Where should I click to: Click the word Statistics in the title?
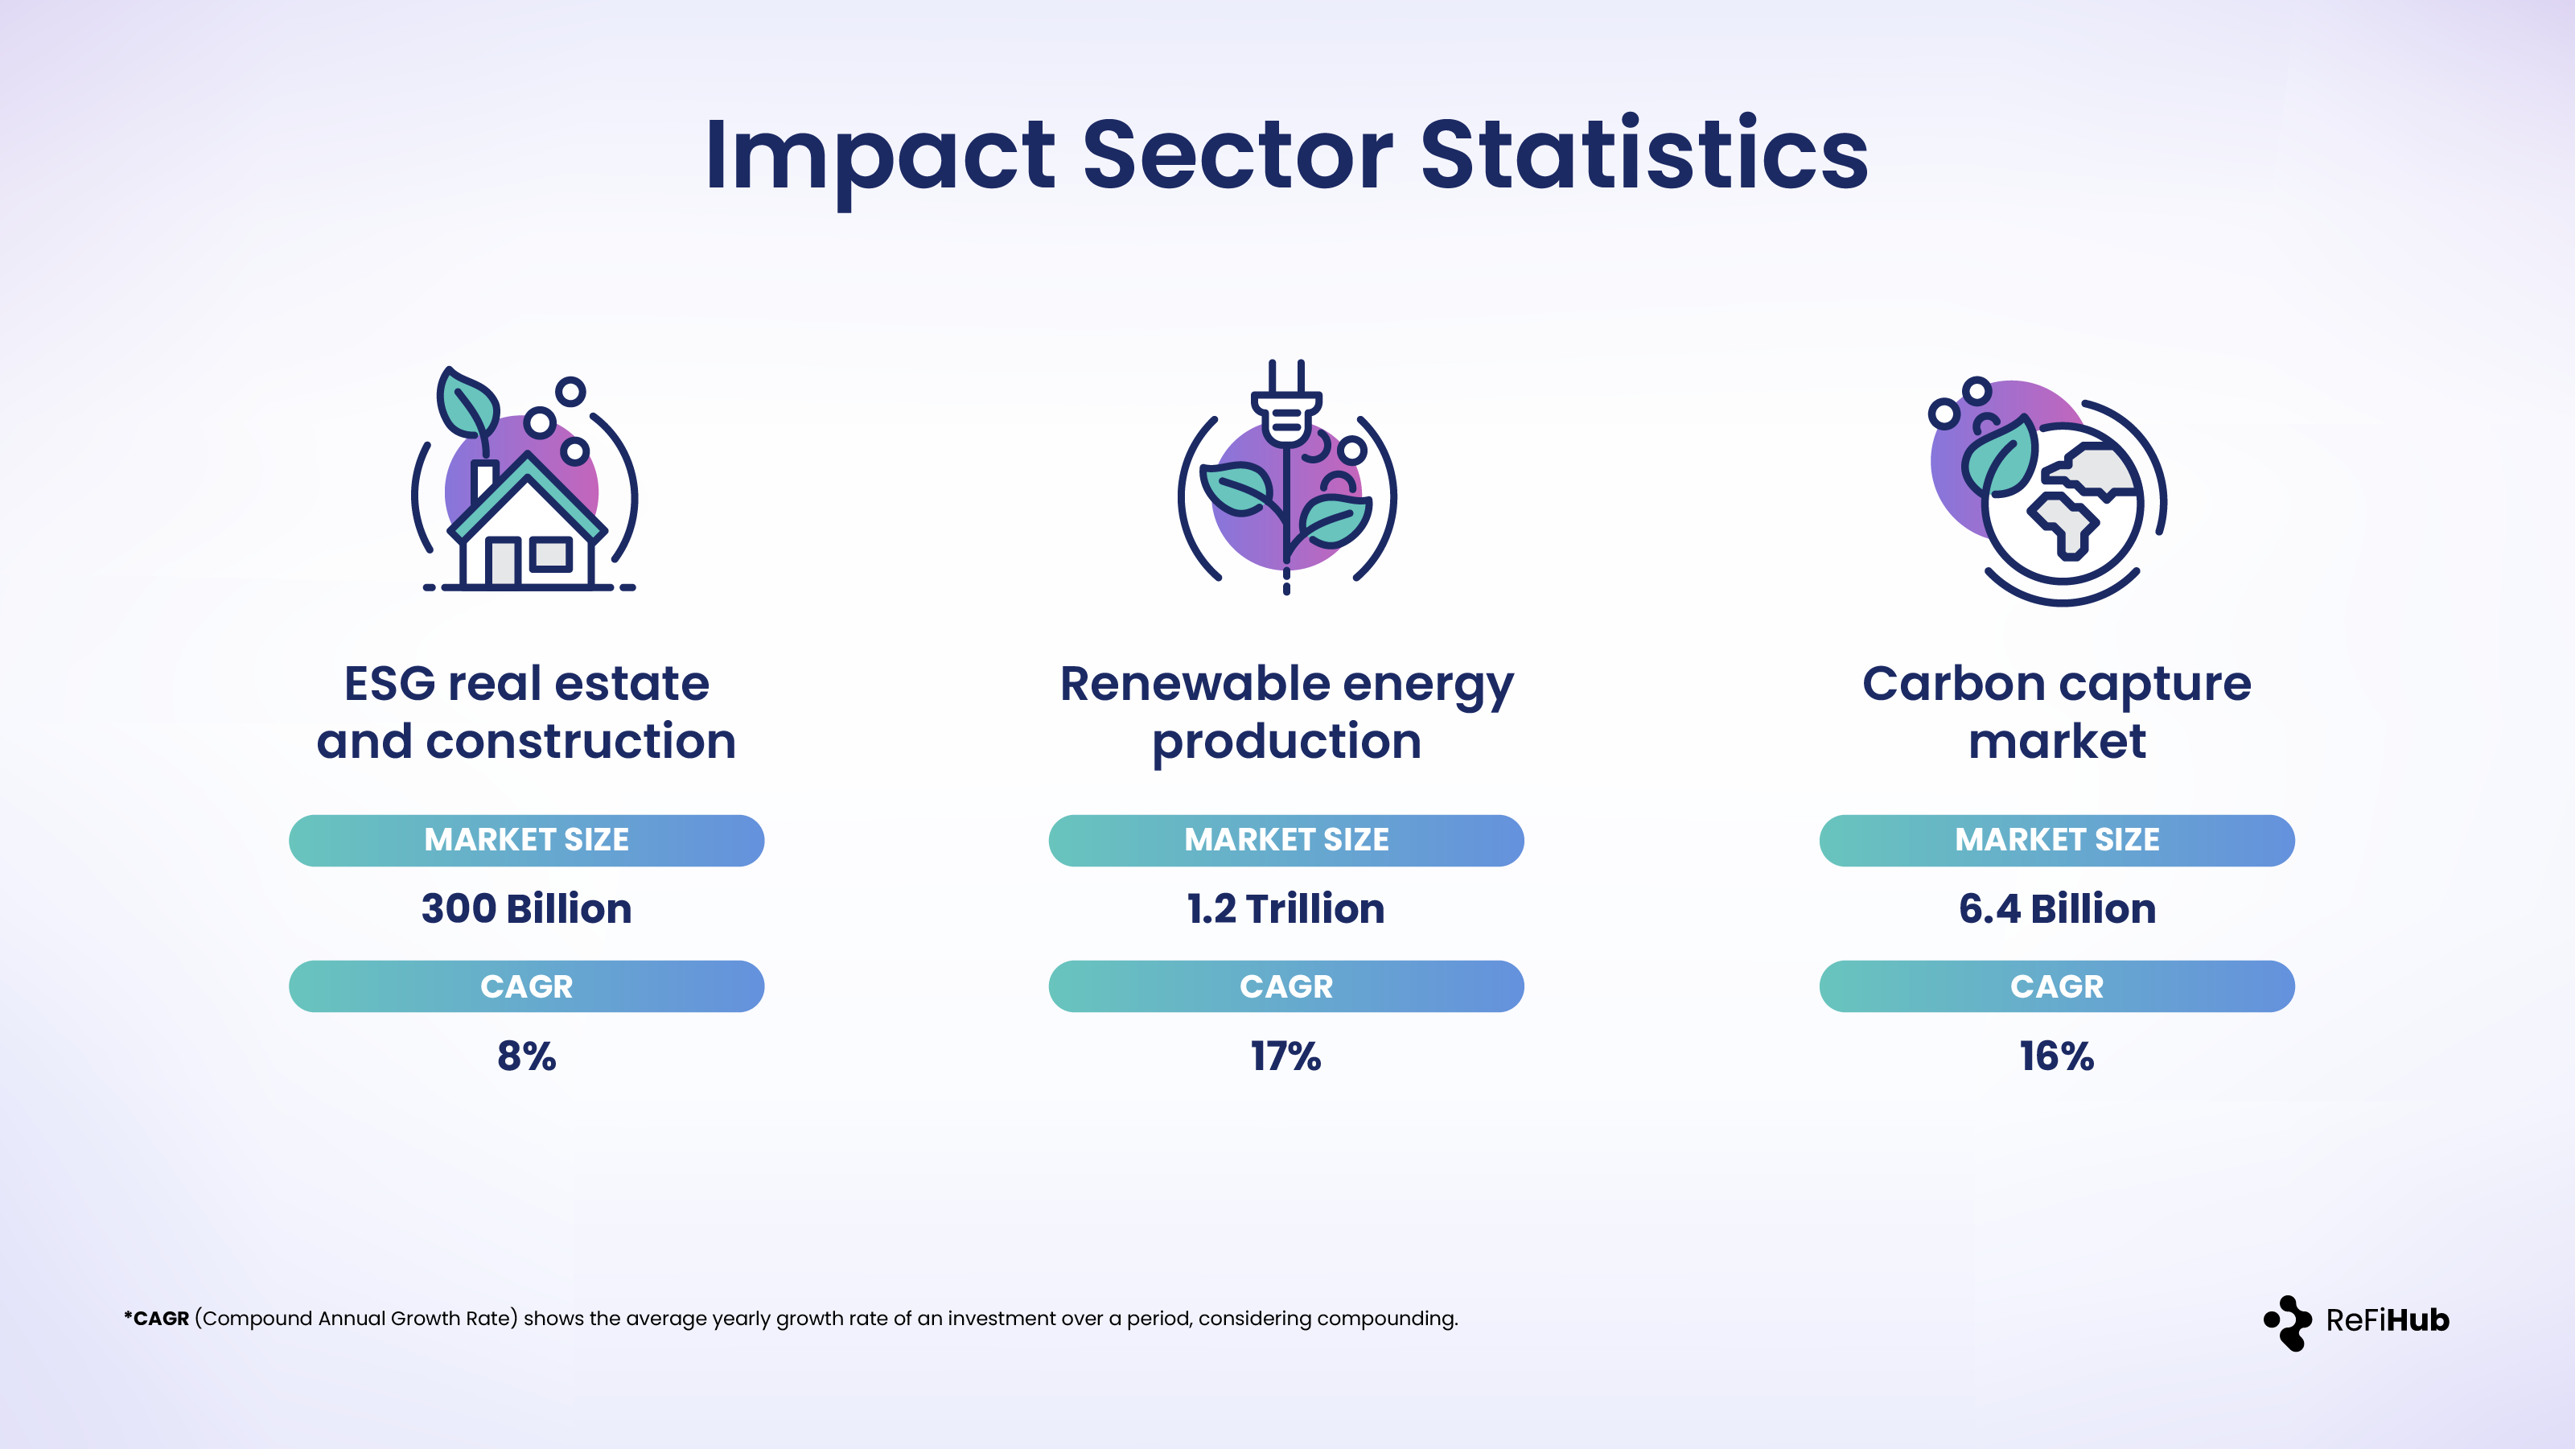point(1643,155)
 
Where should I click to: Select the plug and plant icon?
point(1286,478)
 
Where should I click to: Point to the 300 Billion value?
point(526,909)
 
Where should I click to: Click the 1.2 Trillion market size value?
point(1285,909)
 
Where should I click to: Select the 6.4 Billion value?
point(2056,909)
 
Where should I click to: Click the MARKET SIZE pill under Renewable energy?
point(1285,840)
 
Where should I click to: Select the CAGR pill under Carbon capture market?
point(2056,987)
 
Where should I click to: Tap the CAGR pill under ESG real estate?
point(526,987)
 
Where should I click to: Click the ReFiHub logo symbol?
point(2287,1322)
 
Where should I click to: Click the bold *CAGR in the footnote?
point(157,1319)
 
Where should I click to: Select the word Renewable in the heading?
point(1195,684)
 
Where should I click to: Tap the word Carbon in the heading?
point(1952,684)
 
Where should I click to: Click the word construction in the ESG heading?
point(581,742)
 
